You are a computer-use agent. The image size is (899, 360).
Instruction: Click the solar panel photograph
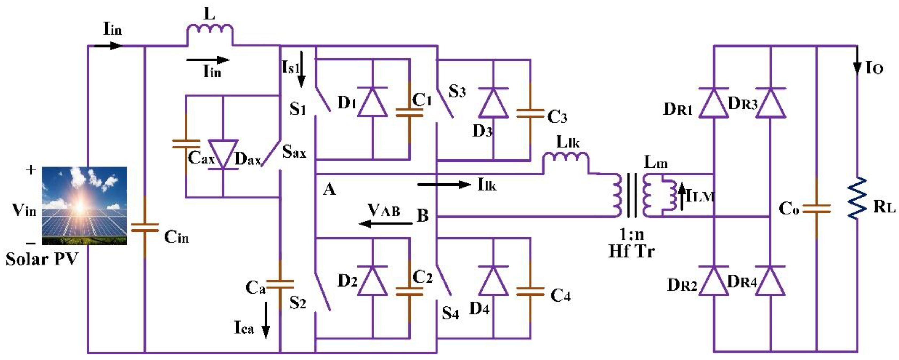[84, 206]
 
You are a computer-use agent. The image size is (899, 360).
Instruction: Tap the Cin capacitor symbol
[145, 228]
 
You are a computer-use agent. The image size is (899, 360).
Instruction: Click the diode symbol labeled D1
[372, 102]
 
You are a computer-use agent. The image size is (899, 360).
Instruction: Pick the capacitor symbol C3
[530, 114]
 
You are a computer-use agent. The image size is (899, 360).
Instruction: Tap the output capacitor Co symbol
[817, 209]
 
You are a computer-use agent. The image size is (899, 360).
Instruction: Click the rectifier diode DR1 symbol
[714, 103]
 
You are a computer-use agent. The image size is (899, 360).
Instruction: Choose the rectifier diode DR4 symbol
[771, 281]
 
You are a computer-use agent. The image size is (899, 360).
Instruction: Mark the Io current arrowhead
[857, 68]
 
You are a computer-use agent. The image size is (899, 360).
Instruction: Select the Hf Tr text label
[631, 251]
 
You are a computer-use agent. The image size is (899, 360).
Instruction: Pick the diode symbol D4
[493, 281]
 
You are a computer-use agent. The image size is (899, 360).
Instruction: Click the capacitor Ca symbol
[280, 284]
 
